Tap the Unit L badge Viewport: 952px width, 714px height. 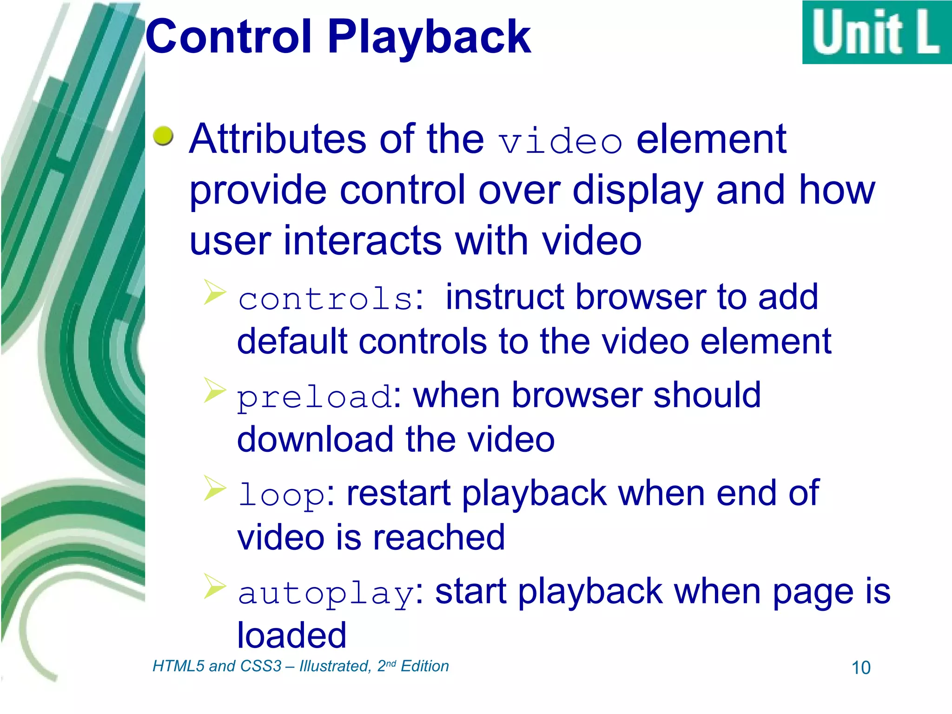[x=876, y=33]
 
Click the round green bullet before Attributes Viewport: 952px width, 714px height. [x=163, y=135]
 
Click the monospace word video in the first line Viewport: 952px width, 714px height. [x=560, y=141]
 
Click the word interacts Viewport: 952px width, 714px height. [x=363, y=241]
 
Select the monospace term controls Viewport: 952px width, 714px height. [x=325, y=298]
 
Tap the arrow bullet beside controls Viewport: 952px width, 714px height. [x=214, y=292]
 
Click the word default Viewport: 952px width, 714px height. [x=292, y=341]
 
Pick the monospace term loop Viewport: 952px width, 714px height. [x=281, y=495]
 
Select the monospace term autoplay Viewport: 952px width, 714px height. [x=325, y=594]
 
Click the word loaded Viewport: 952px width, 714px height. [x=291, y=635]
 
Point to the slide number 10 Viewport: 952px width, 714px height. [x=860, y=668]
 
